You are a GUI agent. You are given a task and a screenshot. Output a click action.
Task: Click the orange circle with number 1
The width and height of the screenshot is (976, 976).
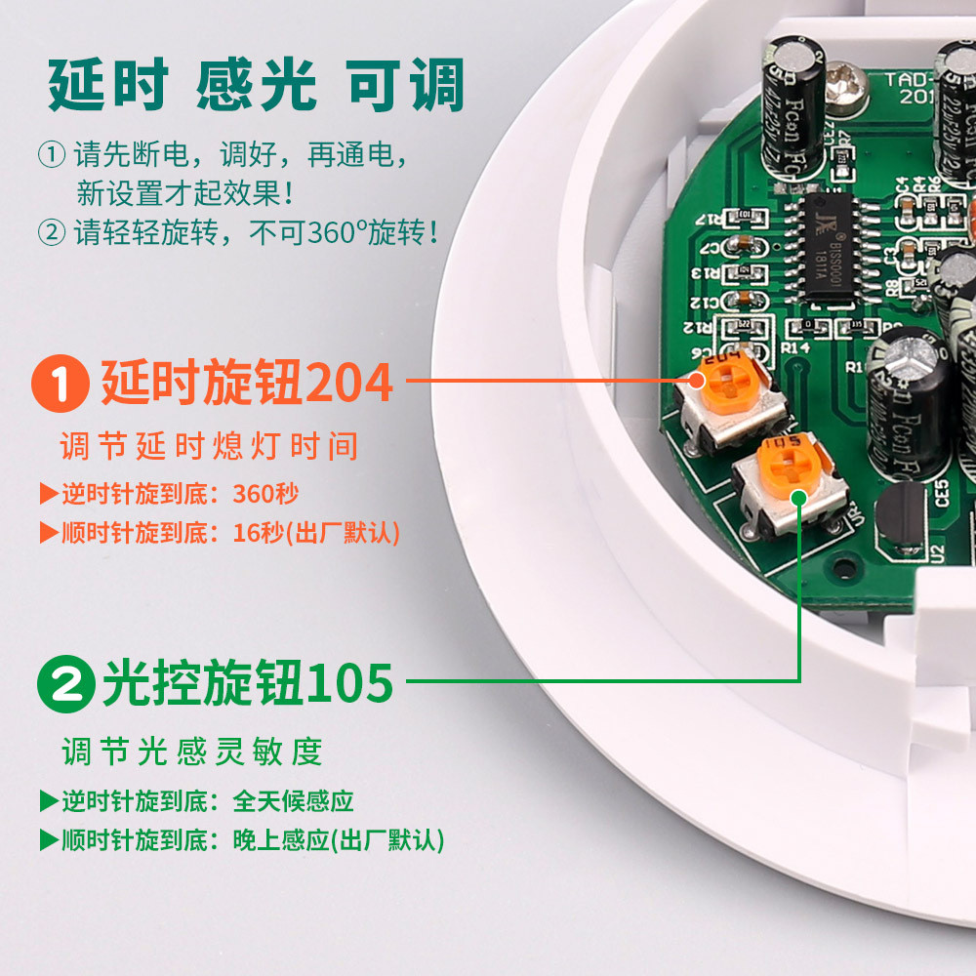click(x=61, y=384)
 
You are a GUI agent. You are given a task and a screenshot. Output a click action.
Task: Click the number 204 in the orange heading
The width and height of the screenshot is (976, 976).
click(x=349, y=384)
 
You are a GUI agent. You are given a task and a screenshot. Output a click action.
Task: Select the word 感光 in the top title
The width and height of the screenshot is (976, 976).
click(x=258, y=85)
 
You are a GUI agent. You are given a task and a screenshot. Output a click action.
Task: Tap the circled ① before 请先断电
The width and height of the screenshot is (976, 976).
click(x=51, y=155)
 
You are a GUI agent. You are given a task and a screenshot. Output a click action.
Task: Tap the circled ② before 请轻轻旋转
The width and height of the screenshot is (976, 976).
click(x=51, y=232)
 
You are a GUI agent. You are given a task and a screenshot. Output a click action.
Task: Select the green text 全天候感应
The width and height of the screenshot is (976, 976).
click(x=293, y=801)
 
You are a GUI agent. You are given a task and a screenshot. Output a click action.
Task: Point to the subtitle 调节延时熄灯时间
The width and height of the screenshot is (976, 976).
click(x=209, y=447)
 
